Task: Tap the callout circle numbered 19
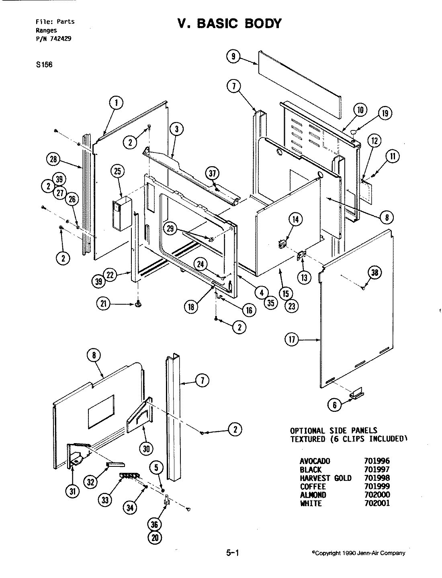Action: (385, 114)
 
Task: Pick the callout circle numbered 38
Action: (374, 273)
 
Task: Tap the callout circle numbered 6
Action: (335, 405)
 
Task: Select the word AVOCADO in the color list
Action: (315, 461)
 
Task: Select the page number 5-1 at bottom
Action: (232, 553)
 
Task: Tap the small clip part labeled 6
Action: (356, 394)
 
